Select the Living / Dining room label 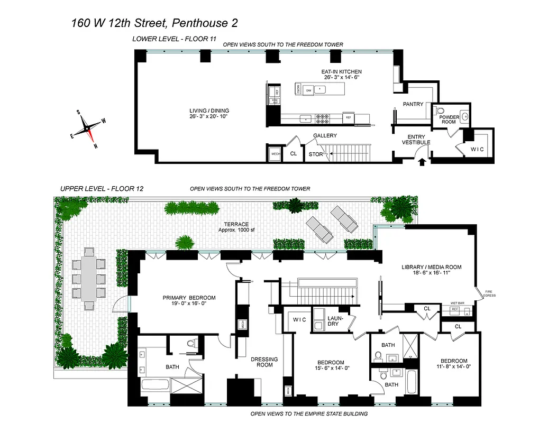209,114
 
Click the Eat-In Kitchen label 341,74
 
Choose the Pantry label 413,104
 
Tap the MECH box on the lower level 275,154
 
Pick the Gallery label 325,136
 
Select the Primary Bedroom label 189,301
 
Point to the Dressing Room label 264,362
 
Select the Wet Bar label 457,303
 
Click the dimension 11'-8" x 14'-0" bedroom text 453,366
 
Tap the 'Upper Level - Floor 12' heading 102,188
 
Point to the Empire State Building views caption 308,414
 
